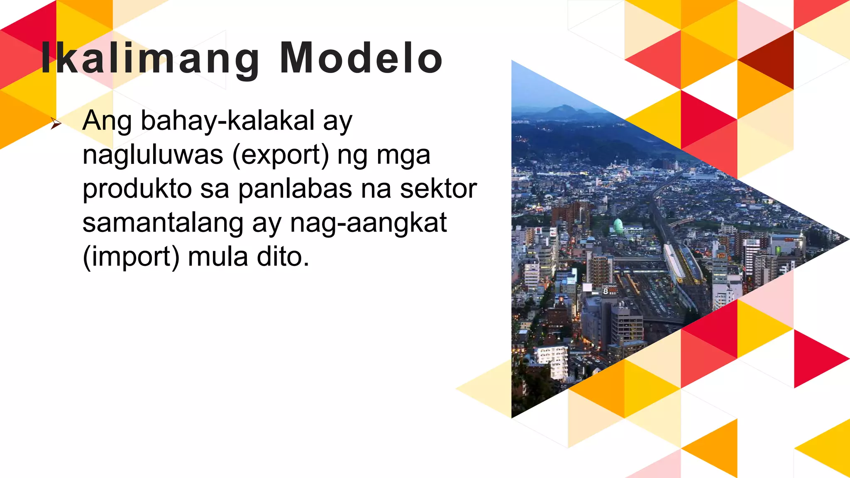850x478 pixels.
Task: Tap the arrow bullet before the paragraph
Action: click(56, 123)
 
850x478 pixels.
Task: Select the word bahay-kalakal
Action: click(227, 121)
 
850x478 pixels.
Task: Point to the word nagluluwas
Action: click(153, 155)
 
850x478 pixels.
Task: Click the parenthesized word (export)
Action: click(281, 155)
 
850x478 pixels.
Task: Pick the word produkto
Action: click(137, 189)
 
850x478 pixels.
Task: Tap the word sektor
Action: click(438, 189)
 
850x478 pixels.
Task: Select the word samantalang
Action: click(163, 223)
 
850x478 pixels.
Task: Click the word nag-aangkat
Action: click(368, 223)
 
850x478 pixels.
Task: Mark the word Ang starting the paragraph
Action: click(107, 121)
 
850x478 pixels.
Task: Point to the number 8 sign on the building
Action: click(606, 291)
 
